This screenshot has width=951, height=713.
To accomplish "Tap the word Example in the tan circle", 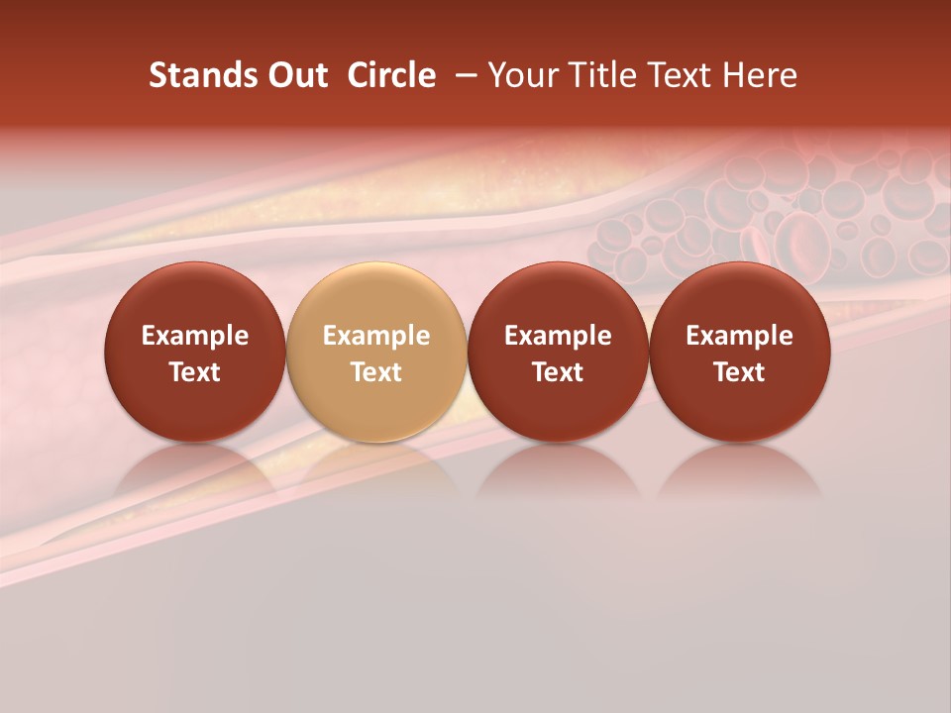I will click(376, 336).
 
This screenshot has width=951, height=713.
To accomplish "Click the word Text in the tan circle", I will click(376, 372).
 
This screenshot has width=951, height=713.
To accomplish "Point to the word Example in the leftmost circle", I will click(195, 336).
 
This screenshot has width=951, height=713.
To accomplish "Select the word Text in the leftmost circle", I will click(195, 372).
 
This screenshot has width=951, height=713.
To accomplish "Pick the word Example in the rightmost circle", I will click(740, 336).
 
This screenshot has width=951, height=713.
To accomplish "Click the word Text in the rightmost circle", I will click(740, 372).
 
